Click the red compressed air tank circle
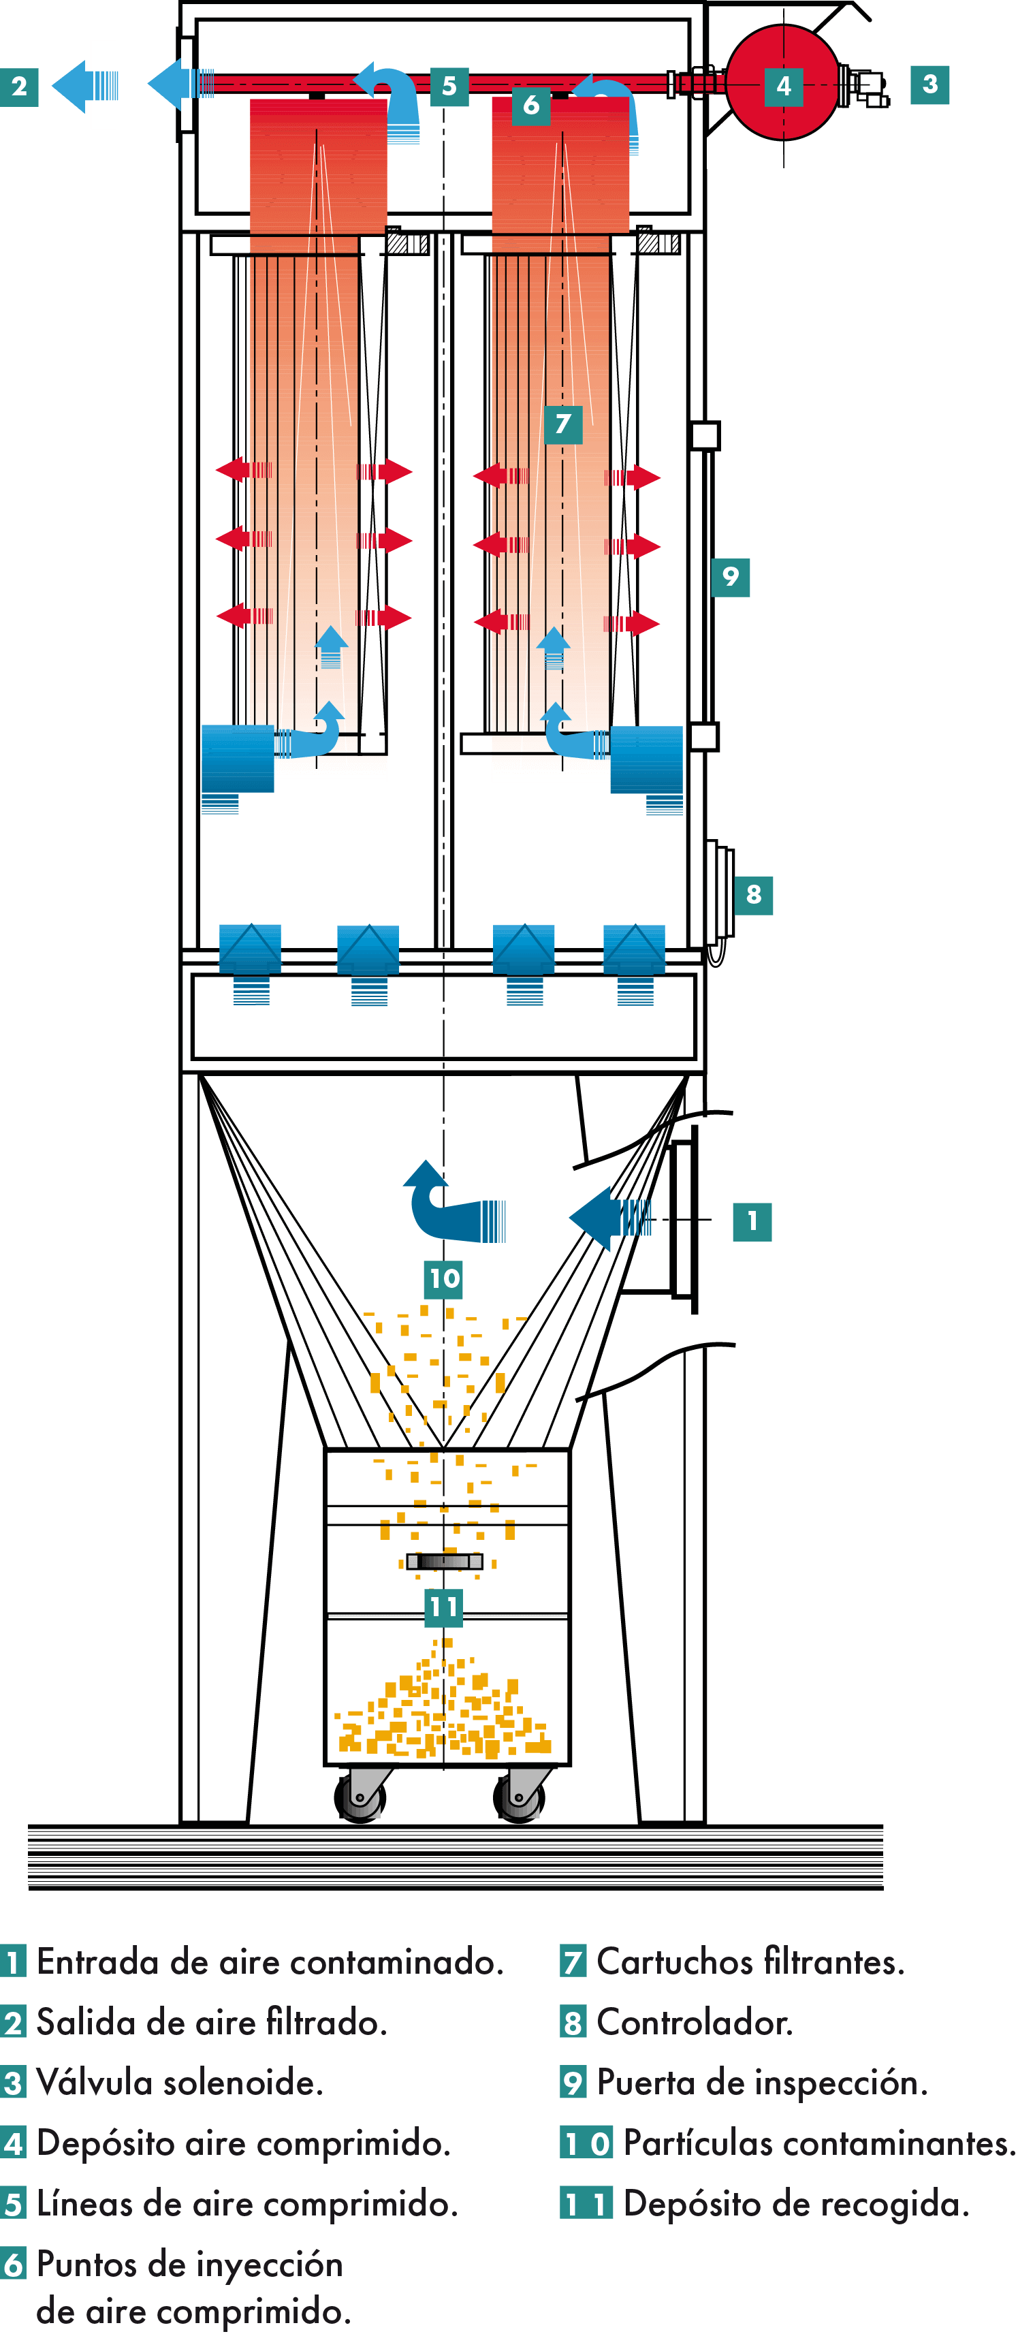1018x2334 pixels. pyautogui.click(x=784, y=83)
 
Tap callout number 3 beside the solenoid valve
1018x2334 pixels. pyautogui.click(x=930, y=84)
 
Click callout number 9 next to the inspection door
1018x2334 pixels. pyautogui.click(x=731, y=576)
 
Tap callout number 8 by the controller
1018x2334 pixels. pyautogui.click(x=754, y=895)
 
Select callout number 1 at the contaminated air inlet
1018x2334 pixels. pyautogui.click(x=752, y=1221)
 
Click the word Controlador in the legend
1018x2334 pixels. pyautogui.click(x=695, y=2022)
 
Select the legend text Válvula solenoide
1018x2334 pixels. pyautogui.click(x=179, y=2082)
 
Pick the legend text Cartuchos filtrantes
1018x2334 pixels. pyautogui.click(x=750, y=1961)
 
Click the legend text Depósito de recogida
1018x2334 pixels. pyautogui.click(x=796, y=2203)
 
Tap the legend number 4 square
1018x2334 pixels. pyautogui.click(x=14, y=2143)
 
